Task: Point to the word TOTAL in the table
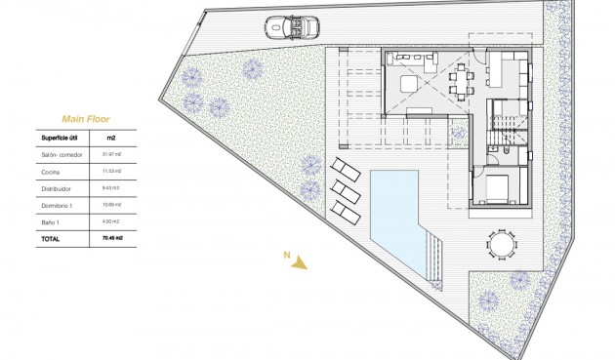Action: (x=50, y=238)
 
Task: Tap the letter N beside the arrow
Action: (x=286, y=256)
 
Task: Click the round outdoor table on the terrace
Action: (x=501, y=241)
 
